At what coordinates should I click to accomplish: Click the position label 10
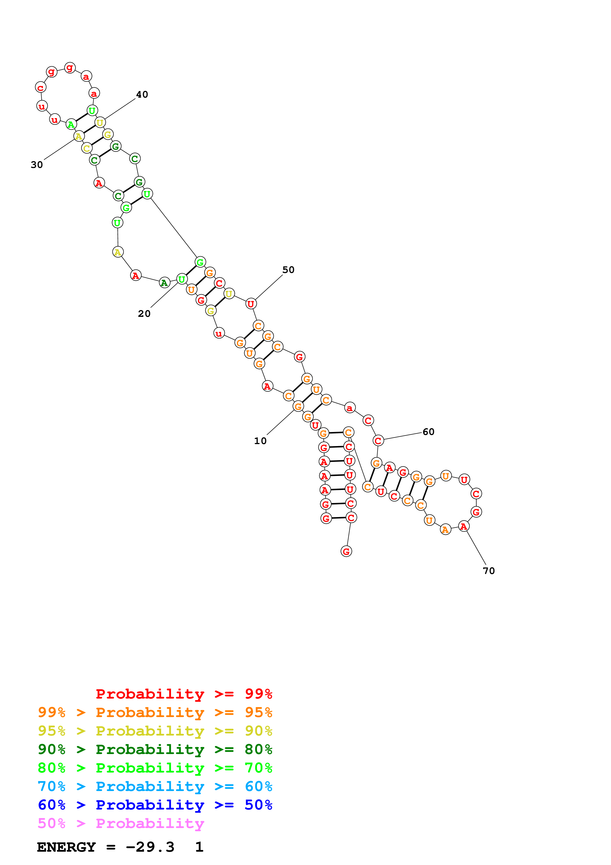point(260,441)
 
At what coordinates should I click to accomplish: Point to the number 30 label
point(37,165)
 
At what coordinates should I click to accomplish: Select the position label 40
point(142,94)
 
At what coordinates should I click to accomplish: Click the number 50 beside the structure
point(288,270)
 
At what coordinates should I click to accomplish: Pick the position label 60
point(428,432)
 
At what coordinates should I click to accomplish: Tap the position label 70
point(489,571)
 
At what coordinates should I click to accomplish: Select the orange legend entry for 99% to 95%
point(155,712)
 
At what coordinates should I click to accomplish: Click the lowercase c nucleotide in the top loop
point(41,87)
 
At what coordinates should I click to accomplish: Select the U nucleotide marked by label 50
point(251,304)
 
